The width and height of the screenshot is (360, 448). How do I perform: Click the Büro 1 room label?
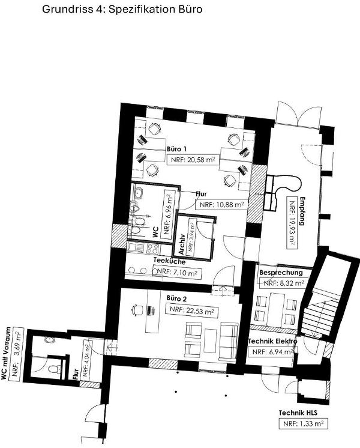pyautogui.click(x=177, y=149)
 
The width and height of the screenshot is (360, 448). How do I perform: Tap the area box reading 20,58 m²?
pyautogui.click(x=193, y=160)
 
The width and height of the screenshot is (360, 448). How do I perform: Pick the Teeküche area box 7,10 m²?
pyautogui.click(x=177, y=273)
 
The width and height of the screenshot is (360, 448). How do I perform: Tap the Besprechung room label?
pyautogui.click(x=281, y=273)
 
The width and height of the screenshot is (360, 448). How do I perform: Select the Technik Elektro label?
pyautogui.click(x=272, y=341)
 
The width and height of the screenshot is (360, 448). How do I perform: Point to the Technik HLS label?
pyautogui.click(x=298, y=413)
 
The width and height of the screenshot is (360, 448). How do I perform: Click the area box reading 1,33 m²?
pyautogui.click(x=303, y=424)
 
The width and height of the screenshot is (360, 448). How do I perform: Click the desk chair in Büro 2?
pyautogui.click(x=137, y=310)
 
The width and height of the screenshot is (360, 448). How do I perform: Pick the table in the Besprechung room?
pyautogui.click(x=277, y=309)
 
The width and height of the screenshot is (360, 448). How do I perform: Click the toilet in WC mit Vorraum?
pyautogui.click(x=55, y=369)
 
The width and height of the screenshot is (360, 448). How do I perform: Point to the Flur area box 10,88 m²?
pyautogui.click(x=221, y=205)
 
